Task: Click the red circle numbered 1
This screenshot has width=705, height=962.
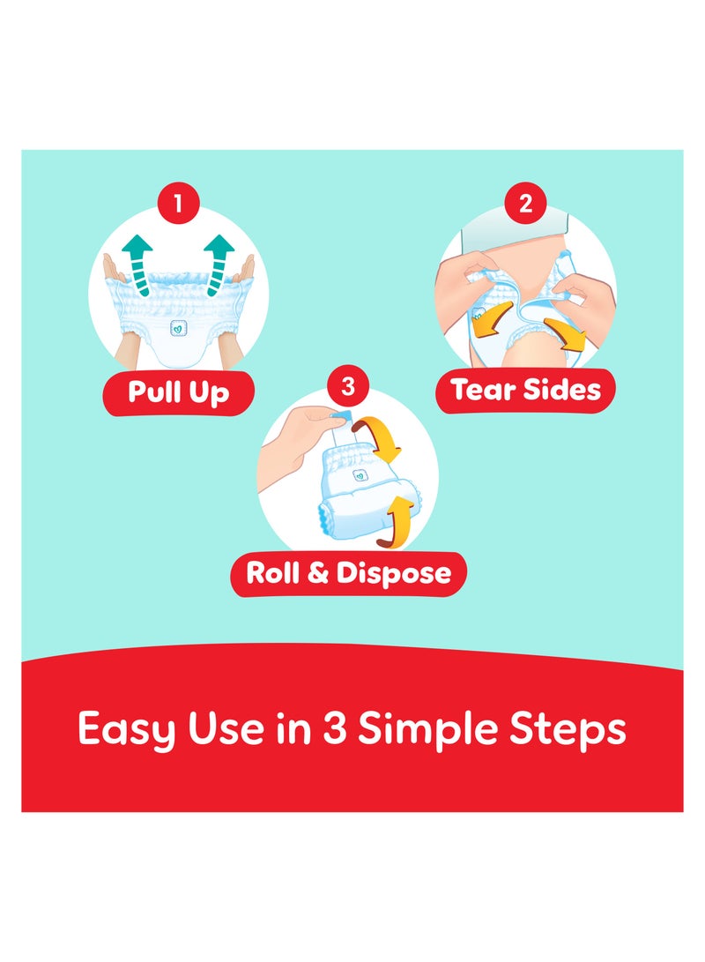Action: click(178, 205)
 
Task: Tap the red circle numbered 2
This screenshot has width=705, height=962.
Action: click(526, 205)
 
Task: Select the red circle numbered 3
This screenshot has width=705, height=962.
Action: click(348, 386)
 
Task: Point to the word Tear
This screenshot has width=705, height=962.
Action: click(481, 390)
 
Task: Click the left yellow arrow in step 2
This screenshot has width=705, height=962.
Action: click(492, 318)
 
